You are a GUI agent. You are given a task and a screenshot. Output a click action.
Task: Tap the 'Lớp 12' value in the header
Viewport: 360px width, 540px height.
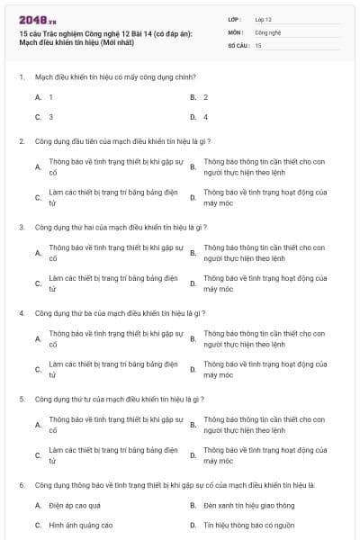coord(264,18)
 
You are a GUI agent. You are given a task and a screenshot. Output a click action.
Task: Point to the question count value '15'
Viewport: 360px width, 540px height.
coord(258,45)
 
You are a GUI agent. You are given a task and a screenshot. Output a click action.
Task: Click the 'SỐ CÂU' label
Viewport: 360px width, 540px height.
coord(238,45)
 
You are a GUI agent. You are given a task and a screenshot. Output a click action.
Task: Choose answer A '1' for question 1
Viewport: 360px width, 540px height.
coord(51,96)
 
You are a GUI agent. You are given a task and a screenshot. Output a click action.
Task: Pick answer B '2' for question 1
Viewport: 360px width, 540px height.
coord(206,96)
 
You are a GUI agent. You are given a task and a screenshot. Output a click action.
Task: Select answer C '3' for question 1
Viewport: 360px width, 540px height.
coord(51,117)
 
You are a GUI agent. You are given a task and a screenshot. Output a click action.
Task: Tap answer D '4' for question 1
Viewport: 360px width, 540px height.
coord(206,117)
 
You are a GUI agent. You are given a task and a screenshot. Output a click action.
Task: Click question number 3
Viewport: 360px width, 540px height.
coord(22,228)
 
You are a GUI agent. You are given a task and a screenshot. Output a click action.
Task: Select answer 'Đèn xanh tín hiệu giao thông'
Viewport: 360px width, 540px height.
coord(242,505)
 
